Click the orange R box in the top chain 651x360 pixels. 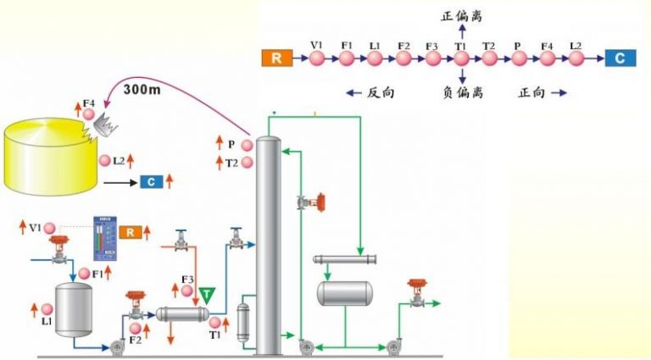(276, 58)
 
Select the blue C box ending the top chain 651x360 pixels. (619, 58)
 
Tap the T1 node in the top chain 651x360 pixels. (460, 58)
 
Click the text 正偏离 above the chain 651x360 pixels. (461, 15)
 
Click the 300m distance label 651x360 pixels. (143, 87)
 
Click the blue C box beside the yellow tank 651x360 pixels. (152, 180)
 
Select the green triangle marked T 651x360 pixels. (208, 295)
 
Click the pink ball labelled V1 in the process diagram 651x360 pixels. (50, 228)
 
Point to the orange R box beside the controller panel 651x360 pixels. (130, 231)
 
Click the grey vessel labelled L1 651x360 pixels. (72, 311)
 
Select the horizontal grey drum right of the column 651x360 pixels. (344, 293)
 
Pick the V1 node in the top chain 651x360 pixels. (317, 58)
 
